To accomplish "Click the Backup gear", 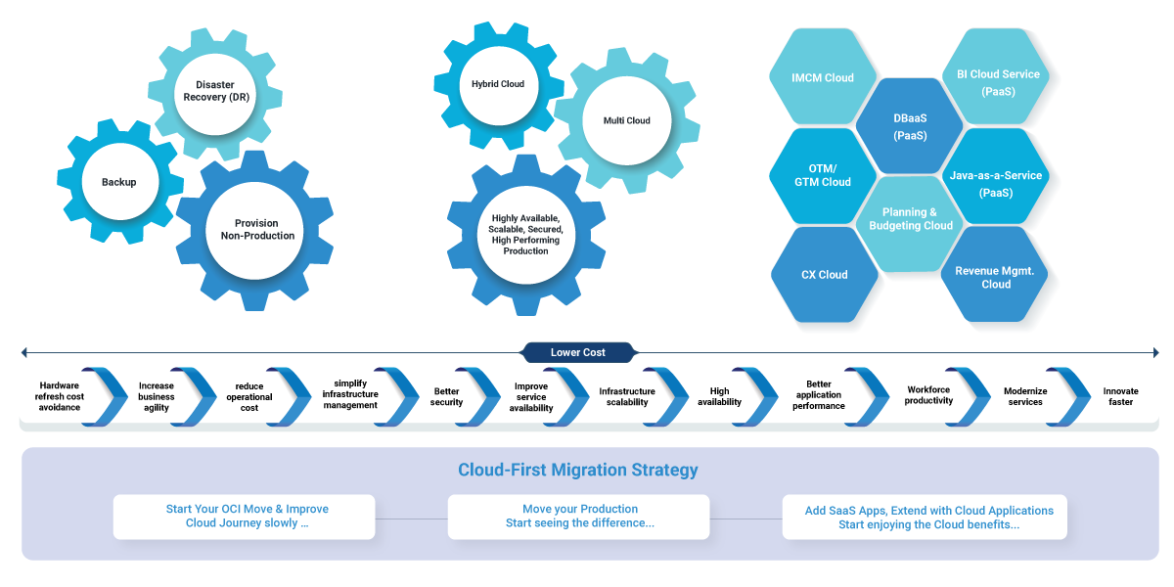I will coord(119,182).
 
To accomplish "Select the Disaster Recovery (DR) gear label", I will coord(216,91).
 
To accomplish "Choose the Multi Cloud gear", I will coord(627,121).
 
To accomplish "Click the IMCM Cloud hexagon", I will coord(823,78).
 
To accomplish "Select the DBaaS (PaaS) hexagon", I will coord(910,127).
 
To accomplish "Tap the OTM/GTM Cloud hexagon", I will coord(823,175).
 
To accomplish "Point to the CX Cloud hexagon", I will coord(825,275).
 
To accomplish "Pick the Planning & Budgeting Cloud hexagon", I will coord(911,219).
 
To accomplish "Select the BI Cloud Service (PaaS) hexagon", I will coord(998,82).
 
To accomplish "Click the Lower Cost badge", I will coord(578,352).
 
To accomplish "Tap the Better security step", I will coord(446,396).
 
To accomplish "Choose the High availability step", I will coord(719,396).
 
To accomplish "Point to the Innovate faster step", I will coord(1120,396).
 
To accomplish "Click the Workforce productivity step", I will coord(928,395).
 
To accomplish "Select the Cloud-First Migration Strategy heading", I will coord(578,471).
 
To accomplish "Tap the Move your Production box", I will coord(579,517).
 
